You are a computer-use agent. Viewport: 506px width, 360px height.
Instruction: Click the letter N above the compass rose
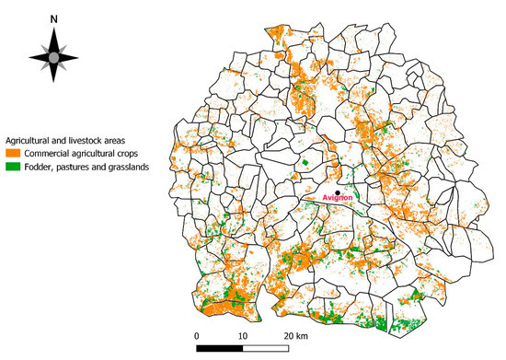pos(53,18)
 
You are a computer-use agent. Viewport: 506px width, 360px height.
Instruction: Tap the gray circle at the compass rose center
pos(53,57)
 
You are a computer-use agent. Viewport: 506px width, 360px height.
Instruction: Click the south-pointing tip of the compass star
pos(53,86)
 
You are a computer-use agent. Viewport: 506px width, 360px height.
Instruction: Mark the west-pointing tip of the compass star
pos(28,57)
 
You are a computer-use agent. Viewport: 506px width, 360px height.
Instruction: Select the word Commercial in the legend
pos(52,152)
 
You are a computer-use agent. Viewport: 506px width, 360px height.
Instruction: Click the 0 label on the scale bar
pos(197,335)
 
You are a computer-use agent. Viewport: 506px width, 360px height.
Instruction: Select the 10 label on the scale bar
pos(244,335)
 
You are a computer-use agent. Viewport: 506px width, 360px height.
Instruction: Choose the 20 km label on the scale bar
pos(296,335)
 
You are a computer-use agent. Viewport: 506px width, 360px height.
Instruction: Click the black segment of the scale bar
pos(221,349)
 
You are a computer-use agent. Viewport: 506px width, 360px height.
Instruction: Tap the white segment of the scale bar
pos(268,349)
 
